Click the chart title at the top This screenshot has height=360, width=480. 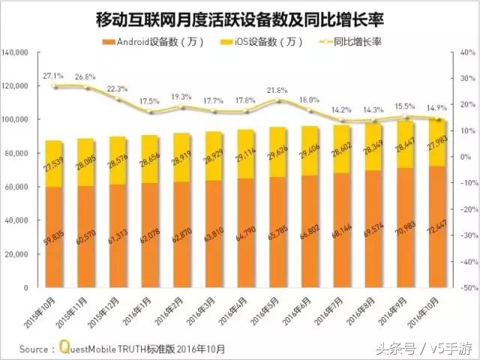pyautogui.click(x=240, y=17)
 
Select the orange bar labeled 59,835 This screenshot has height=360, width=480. pyautogui.click(x=53, y=237)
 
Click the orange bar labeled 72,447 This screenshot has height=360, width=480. pyautogui.click(x=437, y=226)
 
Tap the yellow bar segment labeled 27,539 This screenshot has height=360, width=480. pyautogui.click(x=53, y=163)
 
